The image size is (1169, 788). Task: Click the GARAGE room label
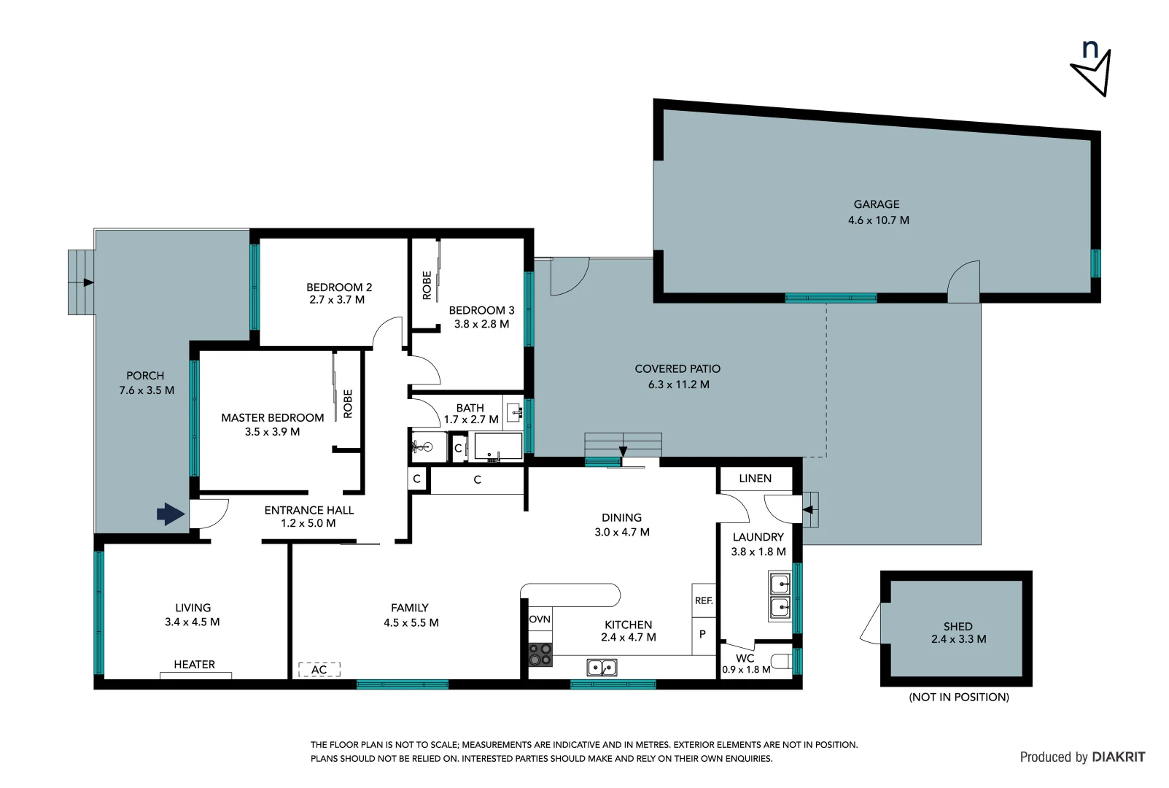(x=877, y=204)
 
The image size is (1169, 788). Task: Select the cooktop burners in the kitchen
(x=540, y=654)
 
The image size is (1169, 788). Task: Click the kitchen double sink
(x=602, y=667)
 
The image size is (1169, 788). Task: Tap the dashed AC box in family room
(x=319, y=669)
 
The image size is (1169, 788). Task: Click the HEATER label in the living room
(x=194, y=665)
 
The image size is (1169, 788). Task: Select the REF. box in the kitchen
(x=703, y=600)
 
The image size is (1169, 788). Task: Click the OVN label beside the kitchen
(x=540, y=619)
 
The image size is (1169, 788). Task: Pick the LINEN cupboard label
(x=755, y=479)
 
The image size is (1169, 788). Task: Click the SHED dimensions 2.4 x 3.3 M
(x=958, y=639)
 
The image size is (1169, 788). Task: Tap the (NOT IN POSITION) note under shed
(x=958, y=698)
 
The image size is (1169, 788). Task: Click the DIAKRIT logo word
(x=1118, y=757)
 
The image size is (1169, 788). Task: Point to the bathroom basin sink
(x=514, y=412)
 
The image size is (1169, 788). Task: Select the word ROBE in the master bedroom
(x=348, y=403)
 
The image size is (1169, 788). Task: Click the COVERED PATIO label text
(x=677, y=369)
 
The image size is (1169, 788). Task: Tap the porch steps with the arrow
(x=81, y=282)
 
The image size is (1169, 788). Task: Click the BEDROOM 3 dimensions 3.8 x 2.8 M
(x=481, y=324)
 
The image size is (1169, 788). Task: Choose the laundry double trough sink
(x=780, y=596)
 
